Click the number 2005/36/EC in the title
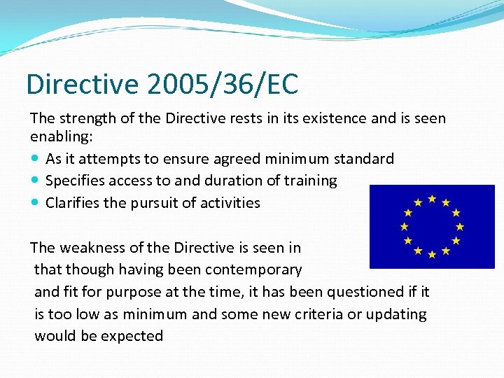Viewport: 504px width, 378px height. (223, 85)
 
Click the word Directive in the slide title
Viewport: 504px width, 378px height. (83, 85)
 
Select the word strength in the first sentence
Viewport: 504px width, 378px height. (85, 118)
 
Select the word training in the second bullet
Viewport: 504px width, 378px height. (309, 181)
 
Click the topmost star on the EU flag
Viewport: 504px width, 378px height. (432, 199)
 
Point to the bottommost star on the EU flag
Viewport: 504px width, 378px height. (432, 254)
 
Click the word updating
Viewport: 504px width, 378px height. (394, 314)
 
